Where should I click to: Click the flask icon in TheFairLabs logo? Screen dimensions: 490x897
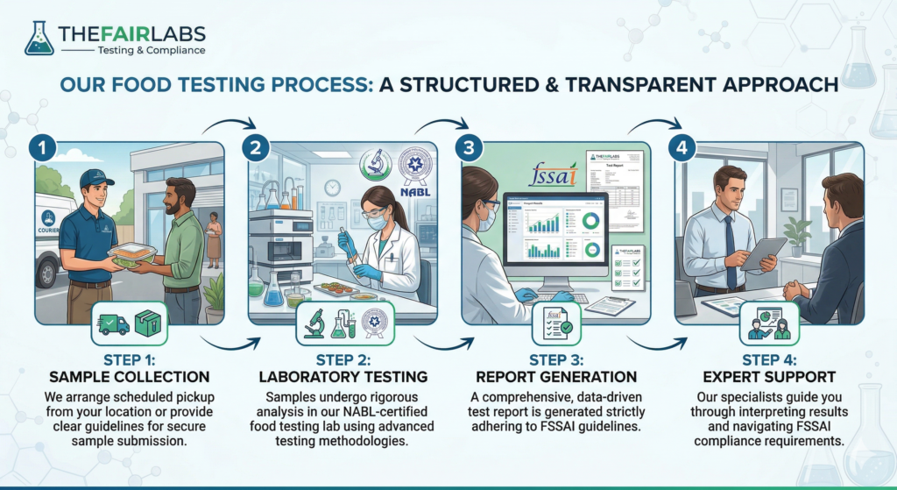click(x=39, y=39)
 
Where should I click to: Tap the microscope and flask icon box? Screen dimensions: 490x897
click(x=344, y=323)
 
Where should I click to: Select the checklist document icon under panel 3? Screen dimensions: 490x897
click(x=556, y=324)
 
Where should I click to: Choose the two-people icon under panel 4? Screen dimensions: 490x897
click(x=769, y=323)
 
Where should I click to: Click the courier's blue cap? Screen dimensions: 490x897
click(x=95, y=178)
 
